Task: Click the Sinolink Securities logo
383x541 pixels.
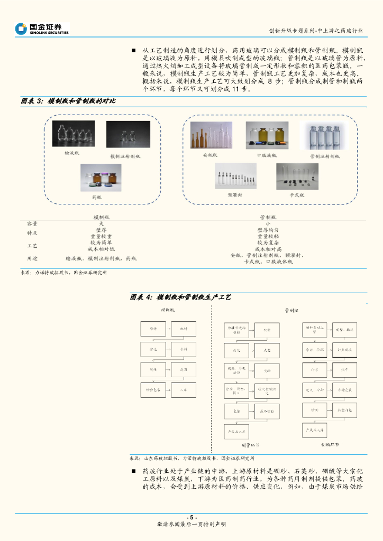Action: (42, 29)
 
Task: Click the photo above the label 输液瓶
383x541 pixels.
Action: (74, 134)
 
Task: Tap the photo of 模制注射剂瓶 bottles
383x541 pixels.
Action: (127, 134)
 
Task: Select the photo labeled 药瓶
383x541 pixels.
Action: (101, 178)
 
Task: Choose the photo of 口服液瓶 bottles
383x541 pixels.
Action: (267, 135)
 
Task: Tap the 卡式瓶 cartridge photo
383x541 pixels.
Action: (297, 176)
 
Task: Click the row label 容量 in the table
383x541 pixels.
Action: (32, 223)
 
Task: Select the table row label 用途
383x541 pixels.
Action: (32, 258)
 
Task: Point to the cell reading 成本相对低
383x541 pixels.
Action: (101, 249)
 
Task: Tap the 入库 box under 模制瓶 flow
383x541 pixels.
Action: (184, 389)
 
